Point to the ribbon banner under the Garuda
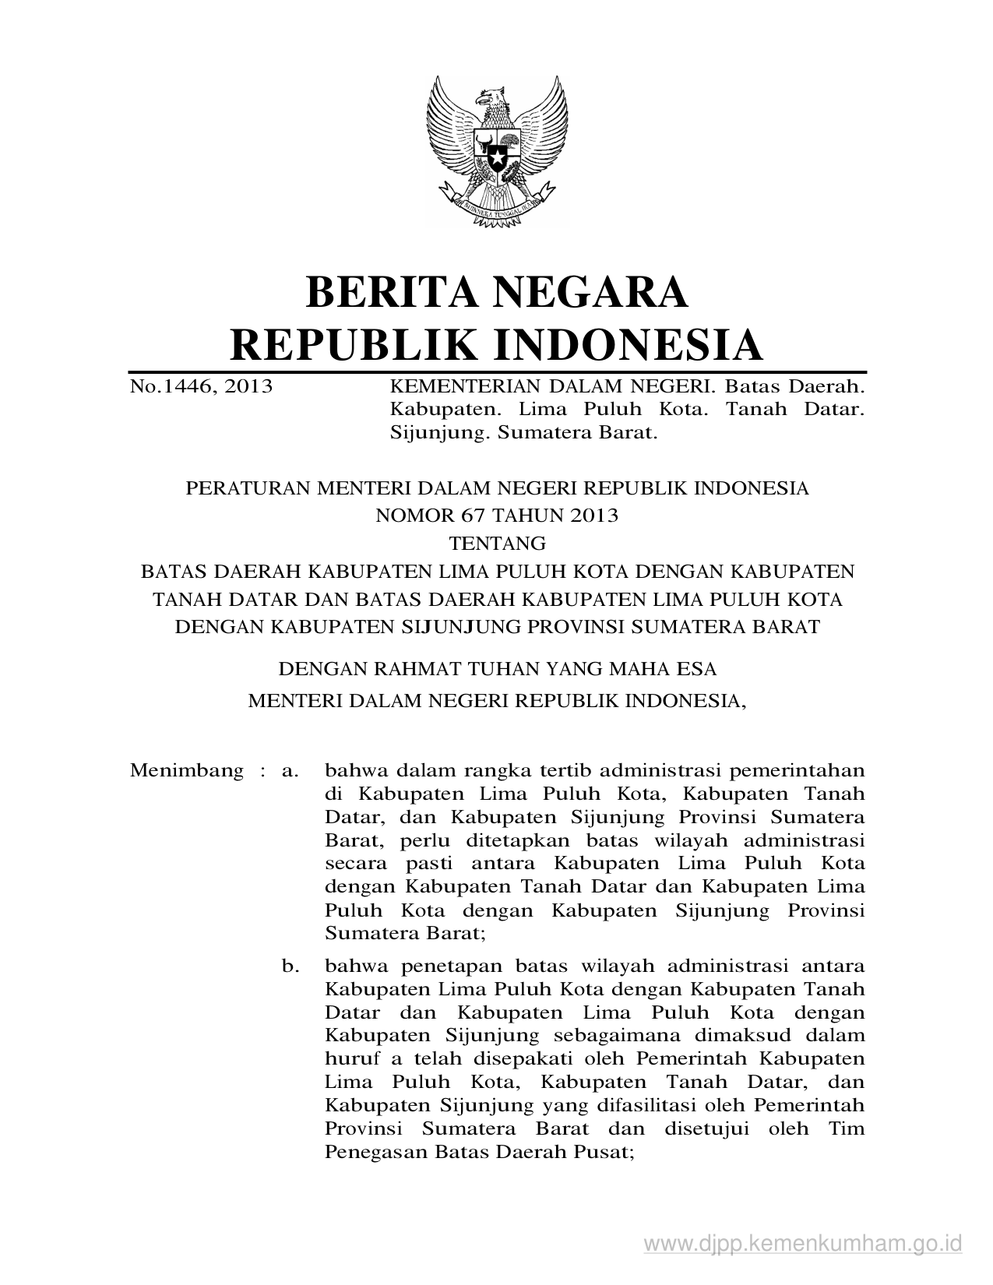(496, 209)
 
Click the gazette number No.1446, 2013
(201, 386)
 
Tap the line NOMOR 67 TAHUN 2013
(497, 515)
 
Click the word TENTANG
(497, 543)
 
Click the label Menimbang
(187, 771)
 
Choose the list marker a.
(291, 771)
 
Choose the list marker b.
(291, 966)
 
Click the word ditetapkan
(520, 841)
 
